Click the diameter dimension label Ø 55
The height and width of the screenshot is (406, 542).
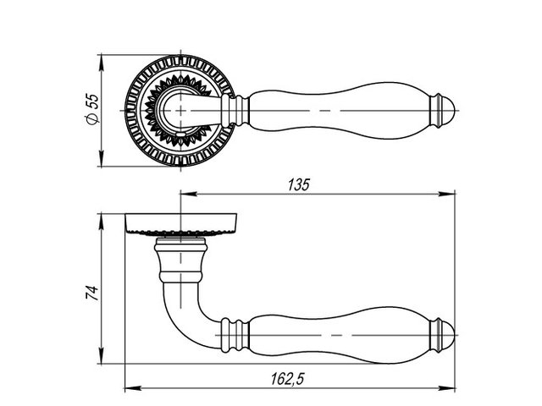[92, 108]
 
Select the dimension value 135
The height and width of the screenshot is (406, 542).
[299, 184]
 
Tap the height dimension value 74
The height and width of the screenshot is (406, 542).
[92, 293]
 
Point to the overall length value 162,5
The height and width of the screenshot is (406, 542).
[287, 379]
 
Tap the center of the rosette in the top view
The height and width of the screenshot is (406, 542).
[180, 111]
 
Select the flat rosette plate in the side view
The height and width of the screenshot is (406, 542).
[180, 224]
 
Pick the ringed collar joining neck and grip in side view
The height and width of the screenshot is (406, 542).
[235, 335]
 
